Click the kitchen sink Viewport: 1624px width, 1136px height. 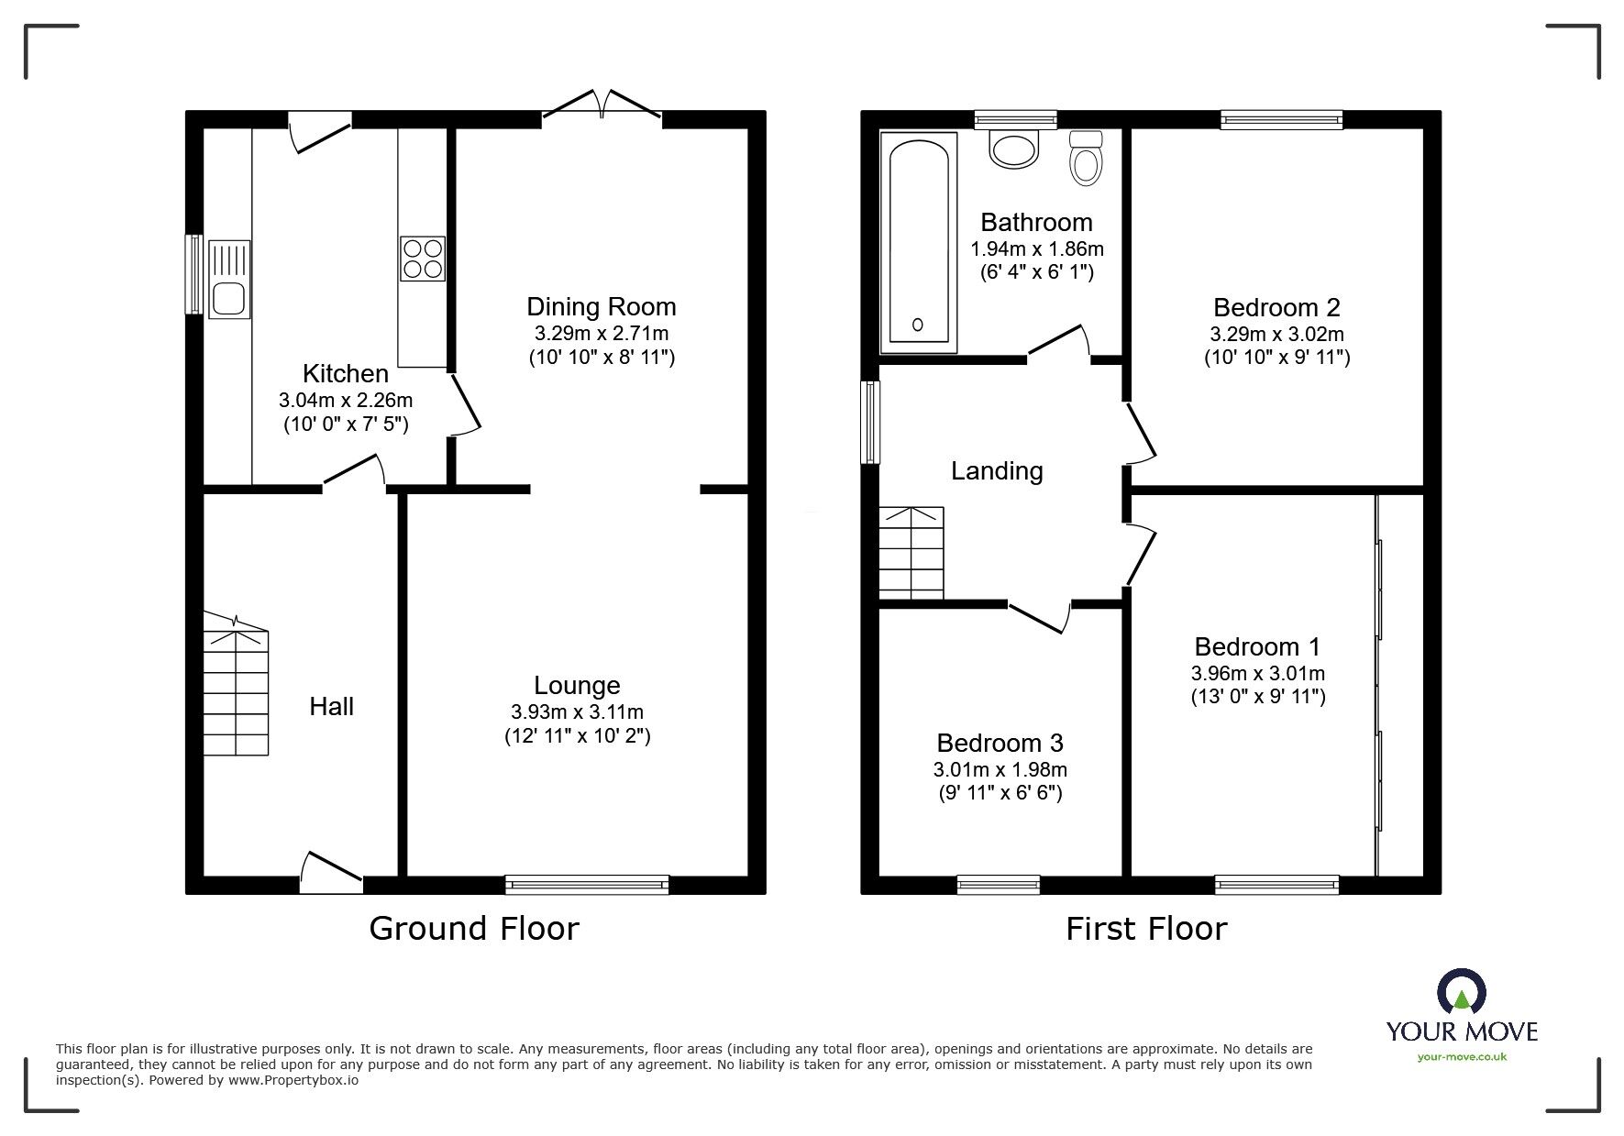228,280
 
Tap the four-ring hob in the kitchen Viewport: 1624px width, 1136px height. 422,259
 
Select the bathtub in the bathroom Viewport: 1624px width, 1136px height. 919,242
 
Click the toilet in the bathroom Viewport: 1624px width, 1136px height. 1086,159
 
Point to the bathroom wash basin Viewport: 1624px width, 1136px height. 1013,149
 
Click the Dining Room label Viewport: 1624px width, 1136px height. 601,306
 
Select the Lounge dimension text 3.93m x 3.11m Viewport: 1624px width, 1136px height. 577,711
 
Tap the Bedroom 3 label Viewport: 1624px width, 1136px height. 1000,743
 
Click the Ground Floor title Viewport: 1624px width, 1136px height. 474,929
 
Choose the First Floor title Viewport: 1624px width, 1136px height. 1145,929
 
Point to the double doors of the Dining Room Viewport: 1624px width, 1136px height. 602,105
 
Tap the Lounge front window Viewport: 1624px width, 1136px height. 587,884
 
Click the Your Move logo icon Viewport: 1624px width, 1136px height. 1462,991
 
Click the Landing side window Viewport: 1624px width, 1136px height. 870,422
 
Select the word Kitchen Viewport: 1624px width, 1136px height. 345,374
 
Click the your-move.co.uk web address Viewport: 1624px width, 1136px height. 1462,1057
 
